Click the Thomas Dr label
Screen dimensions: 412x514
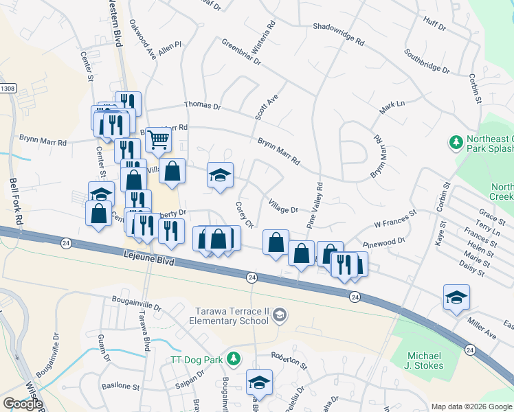click(202, 106)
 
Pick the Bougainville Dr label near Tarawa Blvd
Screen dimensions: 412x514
click(136, 304)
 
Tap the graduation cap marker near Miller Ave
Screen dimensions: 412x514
click(456, 297)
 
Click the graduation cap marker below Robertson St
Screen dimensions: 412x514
click(259, 382)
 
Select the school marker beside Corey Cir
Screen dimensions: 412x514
click(221, 175)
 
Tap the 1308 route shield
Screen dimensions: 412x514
click(8, 89)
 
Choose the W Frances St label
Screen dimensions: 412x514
click(395, 220)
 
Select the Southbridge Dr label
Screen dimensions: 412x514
click(427, 62)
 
